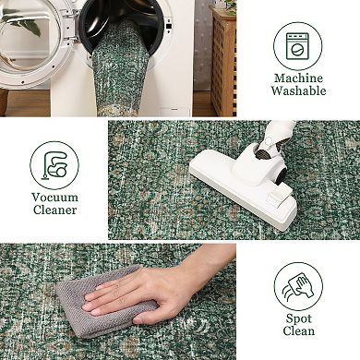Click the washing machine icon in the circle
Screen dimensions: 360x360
pyautogui.click(x=297, y=46)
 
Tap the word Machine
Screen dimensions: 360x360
pyautogui.click(x=298, y=78)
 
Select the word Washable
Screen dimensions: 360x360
pyautogui.click(x=298, y=90)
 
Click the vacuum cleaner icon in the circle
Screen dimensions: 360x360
pyautogui.click(x=54, y=165)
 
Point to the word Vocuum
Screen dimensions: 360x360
pyautogui.click(x=54, y=198)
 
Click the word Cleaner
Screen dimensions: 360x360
pyautogui.click(x=54, y=210)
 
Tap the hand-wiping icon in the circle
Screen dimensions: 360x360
pyautogui.click(x=298, y=286)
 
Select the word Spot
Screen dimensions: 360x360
pyautogui.click(x=298, y=318)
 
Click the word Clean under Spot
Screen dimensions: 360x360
pyautogui.click(x=298, y=331)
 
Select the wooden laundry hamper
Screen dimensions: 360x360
pyautogui.click(x=223, y=62)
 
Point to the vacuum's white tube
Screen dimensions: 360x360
pyautogui.click(x=278, y=131)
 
